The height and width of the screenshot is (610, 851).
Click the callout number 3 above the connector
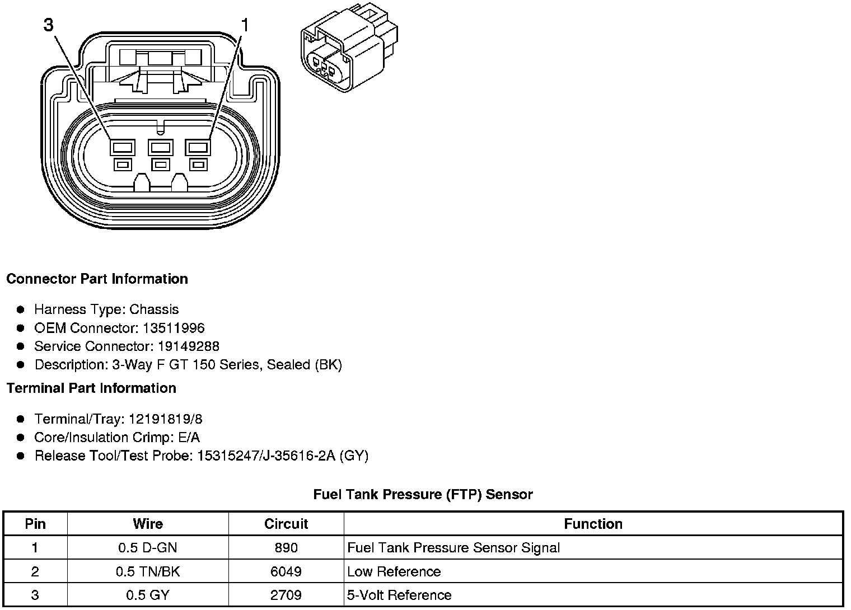[49, 25]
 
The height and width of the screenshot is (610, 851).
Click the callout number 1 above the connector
[245, 25]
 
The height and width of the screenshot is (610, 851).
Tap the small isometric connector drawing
[349, 49]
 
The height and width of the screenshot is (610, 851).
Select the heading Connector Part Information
[97, 279]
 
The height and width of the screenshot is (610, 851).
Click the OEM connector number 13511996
[174, 328]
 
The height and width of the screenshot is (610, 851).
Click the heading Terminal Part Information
[91, 388]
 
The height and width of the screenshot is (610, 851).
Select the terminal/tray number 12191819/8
[166, 419]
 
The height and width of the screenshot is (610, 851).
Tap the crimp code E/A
[188, 438]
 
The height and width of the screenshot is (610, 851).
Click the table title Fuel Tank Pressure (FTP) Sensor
[423, 494]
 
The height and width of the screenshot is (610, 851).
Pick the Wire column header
[148, 524]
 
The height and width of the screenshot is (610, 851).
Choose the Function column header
[593, 524]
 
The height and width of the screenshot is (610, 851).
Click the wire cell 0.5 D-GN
[148, 548]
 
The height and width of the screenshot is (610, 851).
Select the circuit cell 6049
[286, 571]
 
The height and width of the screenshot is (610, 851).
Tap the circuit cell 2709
[286, 595]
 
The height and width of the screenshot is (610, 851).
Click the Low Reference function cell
[394, 571]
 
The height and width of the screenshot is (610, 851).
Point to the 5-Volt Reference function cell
[399, 595]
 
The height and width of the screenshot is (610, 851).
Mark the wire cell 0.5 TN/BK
[148, 571]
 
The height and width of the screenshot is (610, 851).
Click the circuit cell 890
[286, 548]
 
